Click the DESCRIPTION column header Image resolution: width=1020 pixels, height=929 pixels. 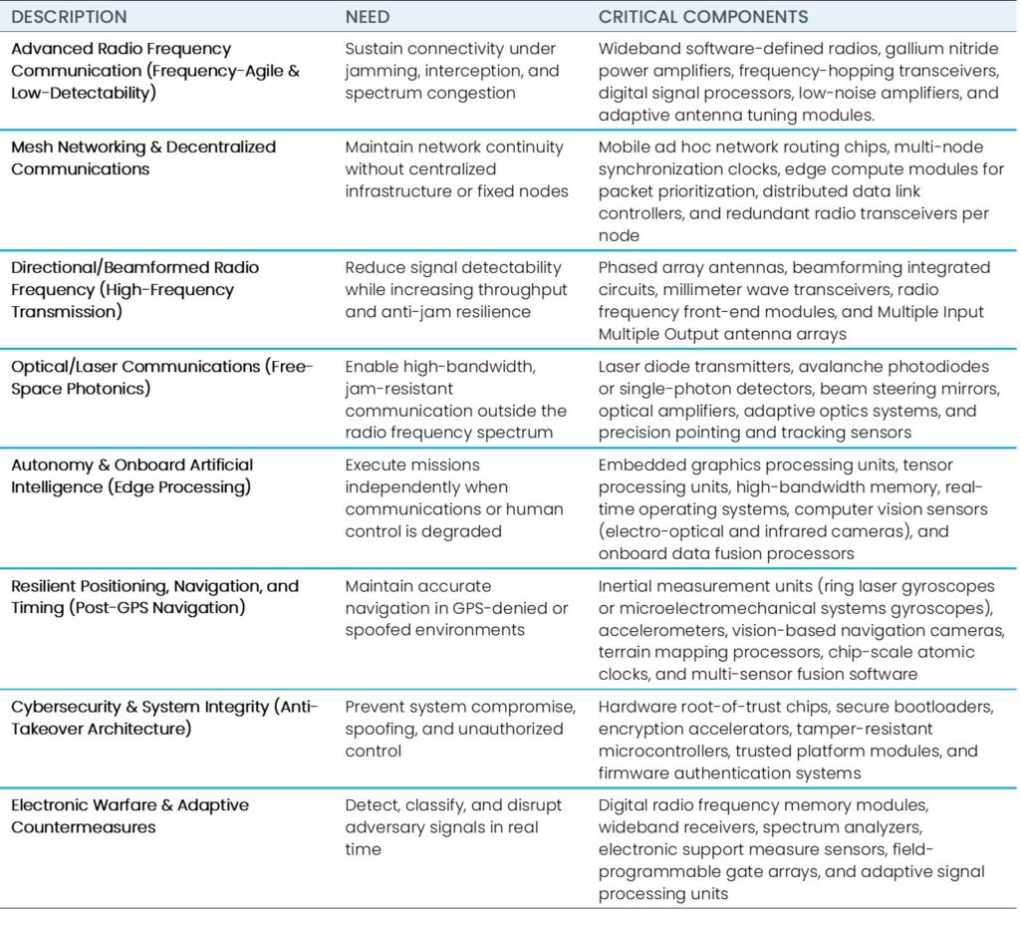(69, 17)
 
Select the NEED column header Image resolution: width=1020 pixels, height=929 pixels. (368, 17)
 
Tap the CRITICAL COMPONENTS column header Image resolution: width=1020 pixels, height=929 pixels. (703, 17)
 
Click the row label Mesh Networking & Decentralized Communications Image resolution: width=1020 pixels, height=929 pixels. (143, 157)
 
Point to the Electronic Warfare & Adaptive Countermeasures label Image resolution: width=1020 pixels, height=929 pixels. (129, 815)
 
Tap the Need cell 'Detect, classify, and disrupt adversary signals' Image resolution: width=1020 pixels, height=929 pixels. (453, 826)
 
